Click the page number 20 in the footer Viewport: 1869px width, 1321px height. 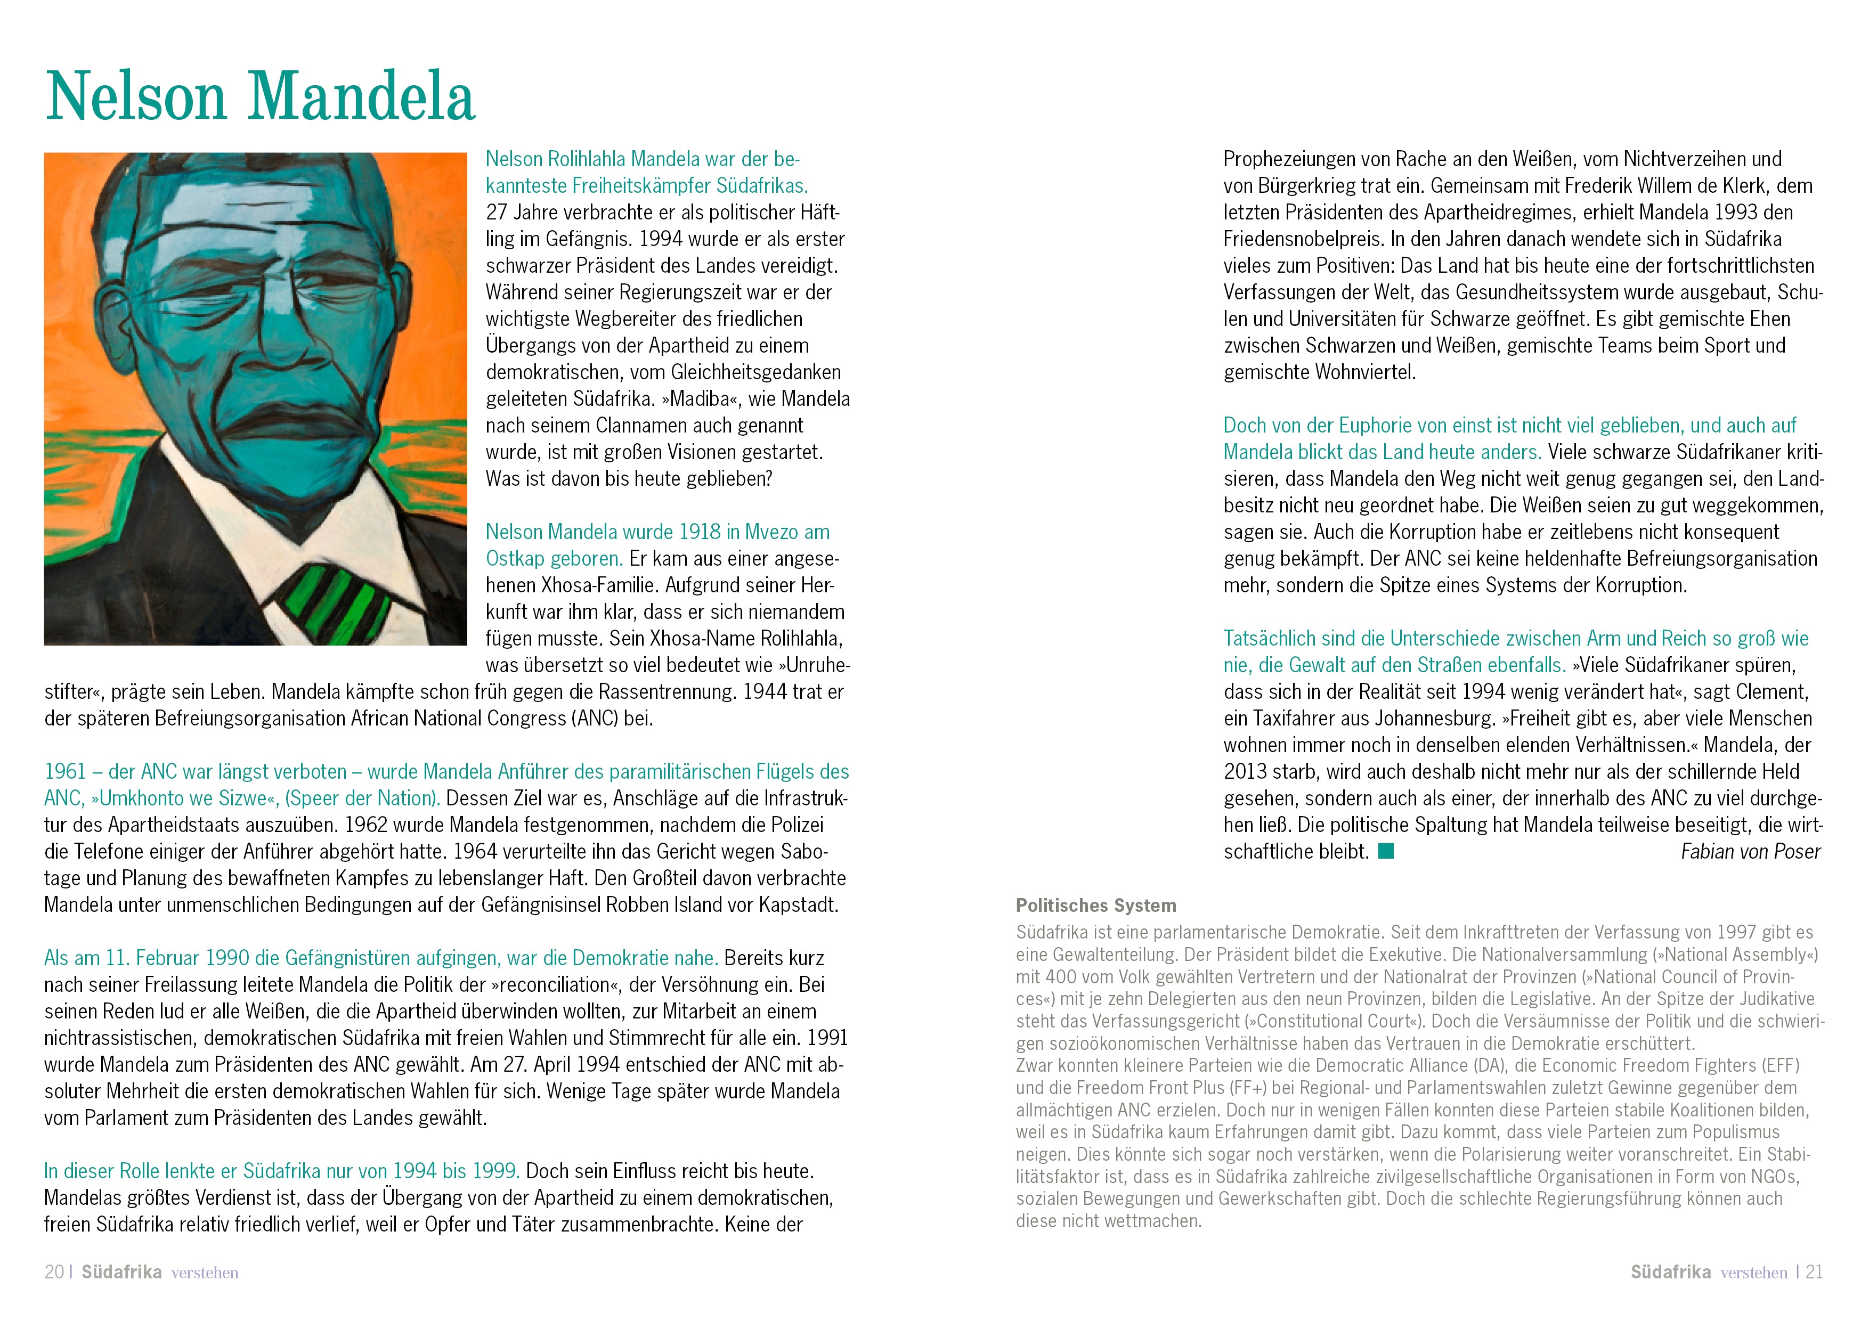click(54, 1272)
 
